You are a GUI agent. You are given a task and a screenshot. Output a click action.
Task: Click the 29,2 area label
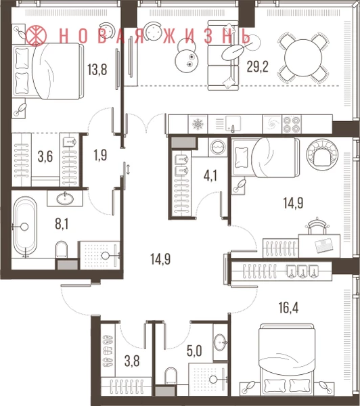[x=257, y=66]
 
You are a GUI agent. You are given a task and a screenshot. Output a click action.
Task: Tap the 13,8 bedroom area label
[x=97, y=70]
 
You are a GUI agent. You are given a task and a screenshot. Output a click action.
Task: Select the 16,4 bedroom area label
[x=288, y=308]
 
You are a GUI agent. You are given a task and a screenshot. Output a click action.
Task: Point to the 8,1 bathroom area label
[x=62, y=224]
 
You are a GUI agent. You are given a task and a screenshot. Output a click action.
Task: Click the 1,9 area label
[x=100, y=156]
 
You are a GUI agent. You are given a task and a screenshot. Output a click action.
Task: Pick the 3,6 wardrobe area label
[x=45, y=157]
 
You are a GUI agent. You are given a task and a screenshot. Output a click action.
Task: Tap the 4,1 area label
[x=210, y=176]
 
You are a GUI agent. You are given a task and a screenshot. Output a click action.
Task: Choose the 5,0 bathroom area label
[x=194, y=351]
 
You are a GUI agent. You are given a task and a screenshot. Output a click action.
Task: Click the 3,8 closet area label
[x=132, y=361]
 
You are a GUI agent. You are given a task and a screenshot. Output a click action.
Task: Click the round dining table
[x=303, y=58]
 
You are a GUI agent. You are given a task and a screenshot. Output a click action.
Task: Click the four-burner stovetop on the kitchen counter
[x=292, y=125]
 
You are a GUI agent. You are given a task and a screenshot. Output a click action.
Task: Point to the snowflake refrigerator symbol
[x=198, y=125]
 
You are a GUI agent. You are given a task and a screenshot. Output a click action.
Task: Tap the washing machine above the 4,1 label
[x=217, y=148]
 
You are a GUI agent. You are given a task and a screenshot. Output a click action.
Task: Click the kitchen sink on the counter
[x=233, y=124]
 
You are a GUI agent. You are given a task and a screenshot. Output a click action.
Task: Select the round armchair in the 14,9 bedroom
[x=322, y=154]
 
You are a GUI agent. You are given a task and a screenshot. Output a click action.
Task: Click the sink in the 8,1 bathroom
[x=65, y=198]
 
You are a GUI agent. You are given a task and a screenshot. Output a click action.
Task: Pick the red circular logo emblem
[x=36, y=35]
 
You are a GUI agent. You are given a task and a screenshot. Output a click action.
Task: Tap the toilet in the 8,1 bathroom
[x=62, y=250]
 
